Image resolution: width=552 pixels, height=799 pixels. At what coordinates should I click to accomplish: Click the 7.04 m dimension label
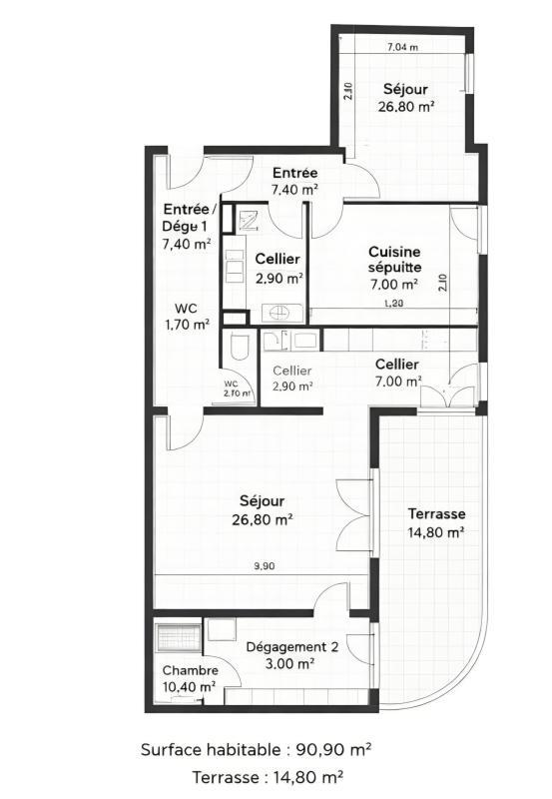click(x=402, y=46)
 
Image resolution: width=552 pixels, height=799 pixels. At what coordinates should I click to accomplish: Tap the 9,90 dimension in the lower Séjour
click(x=264, y=566)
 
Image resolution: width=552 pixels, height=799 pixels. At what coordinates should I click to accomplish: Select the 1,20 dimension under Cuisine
click(x=390, y=304)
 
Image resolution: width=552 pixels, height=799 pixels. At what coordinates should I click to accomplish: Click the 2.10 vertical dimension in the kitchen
click(x=442, y=283)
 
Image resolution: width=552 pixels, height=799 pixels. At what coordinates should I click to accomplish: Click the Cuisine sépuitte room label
click(x=393, y=268)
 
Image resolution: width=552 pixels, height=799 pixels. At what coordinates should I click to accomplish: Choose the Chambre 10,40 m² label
click(x=190, y=678)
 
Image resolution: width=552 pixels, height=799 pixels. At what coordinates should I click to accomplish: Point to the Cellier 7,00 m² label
click(x=397, y=372)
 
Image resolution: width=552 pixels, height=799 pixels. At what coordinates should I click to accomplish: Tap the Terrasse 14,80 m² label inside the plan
click(x=436, y=522)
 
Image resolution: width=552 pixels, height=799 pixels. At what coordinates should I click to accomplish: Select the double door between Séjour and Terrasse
click(x=350, y=509)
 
